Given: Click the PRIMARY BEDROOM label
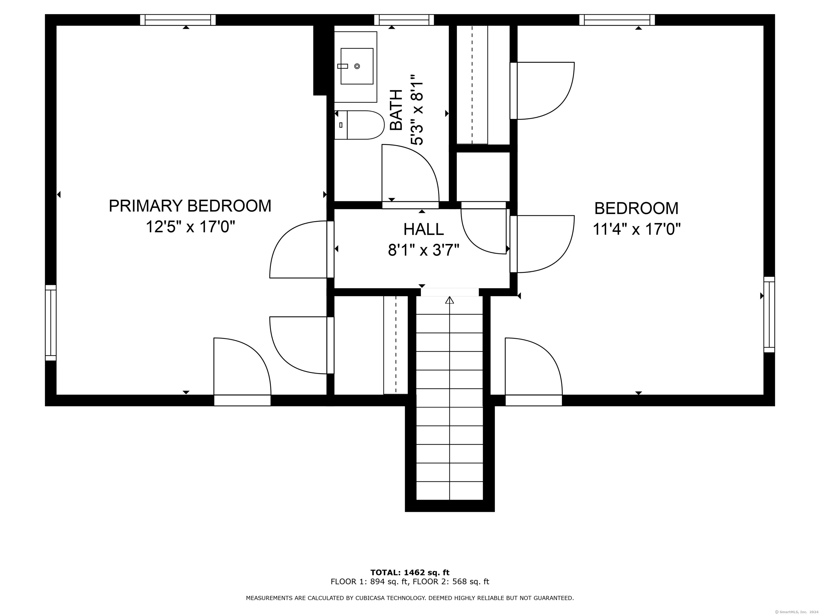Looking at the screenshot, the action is tap(190, 206).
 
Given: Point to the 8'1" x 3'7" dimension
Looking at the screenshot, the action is tap(423, 250).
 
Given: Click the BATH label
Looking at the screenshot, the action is tap(397, 110).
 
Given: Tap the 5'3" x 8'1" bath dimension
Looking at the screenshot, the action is tap(417, 110).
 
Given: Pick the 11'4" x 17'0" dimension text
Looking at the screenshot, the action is tap(637, 229).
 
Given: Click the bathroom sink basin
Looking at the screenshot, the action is tap(357, 66).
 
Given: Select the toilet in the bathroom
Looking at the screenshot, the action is tap(359, 125).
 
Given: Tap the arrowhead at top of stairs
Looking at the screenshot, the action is tap(449, 300).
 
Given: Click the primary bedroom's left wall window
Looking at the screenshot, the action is tap(51, 322).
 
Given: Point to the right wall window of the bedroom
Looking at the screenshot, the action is tap(769, 314).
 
